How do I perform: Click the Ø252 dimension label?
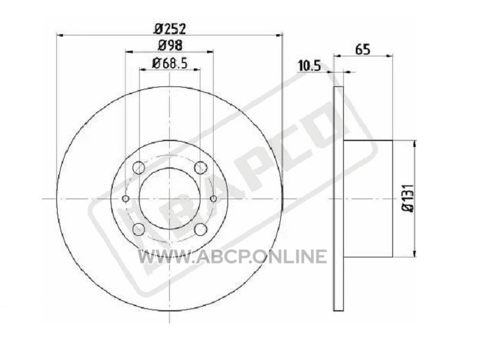click(170, 29)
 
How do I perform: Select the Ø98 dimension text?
click(170, 46)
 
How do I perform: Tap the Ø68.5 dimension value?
click(170, 64)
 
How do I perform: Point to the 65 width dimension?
click(363, 49)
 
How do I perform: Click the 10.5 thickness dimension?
click(309, 66)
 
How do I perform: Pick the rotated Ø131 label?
click(408, 199)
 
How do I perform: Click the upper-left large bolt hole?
click(139, 167)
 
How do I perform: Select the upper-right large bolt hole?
click(200, 167)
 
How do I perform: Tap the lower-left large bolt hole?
click(139, 229)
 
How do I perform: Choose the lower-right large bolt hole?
click(200, 229)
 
